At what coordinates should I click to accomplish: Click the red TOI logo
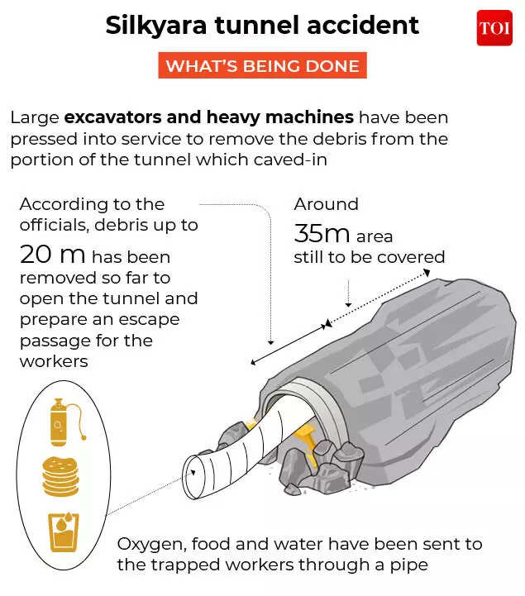494,28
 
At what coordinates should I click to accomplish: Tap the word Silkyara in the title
156,26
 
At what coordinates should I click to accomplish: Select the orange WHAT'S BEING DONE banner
262,65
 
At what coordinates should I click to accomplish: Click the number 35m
322,233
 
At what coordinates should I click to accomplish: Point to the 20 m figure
52,255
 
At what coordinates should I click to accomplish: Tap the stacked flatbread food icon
61,477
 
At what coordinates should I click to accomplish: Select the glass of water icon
64,532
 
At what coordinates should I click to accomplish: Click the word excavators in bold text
113,117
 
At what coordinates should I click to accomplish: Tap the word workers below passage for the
54,361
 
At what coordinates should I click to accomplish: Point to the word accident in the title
363,25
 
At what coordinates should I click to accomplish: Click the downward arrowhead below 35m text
348,304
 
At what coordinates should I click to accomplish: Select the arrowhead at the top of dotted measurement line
427,272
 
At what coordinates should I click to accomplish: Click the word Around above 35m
327,204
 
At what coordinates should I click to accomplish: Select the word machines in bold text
310,117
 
